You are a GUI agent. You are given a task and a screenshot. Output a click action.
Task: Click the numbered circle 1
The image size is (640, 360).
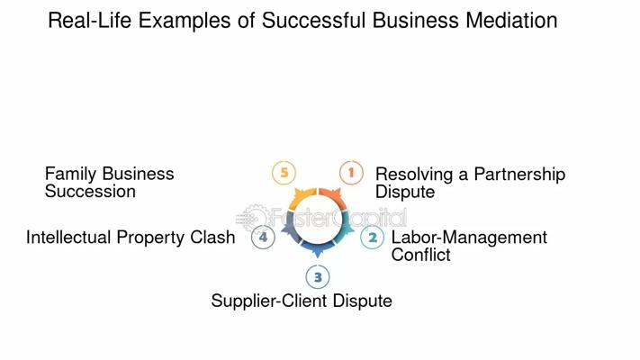point(351,172)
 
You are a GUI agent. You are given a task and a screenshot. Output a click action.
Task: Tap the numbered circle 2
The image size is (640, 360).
point(373,238)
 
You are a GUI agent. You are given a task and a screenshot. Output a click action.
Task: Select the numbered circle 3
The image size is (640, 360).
point(317,277)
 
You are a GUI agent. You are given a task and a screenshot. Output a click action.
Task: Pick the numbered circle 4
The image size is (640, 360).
point(263,238)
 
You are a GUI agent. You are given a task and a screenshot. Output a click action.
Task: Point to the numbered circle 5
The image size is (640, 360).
point(284,172)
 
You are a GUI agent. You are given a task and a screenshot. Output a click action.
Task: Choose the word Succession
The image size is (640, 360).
point(90,192)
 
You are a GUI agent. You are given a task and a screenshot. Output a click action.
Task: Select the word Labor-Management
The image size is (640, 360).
point(469,238)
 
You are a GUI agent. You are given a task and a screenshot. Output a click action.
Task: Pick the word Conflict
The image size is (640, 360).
point(420,255)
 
